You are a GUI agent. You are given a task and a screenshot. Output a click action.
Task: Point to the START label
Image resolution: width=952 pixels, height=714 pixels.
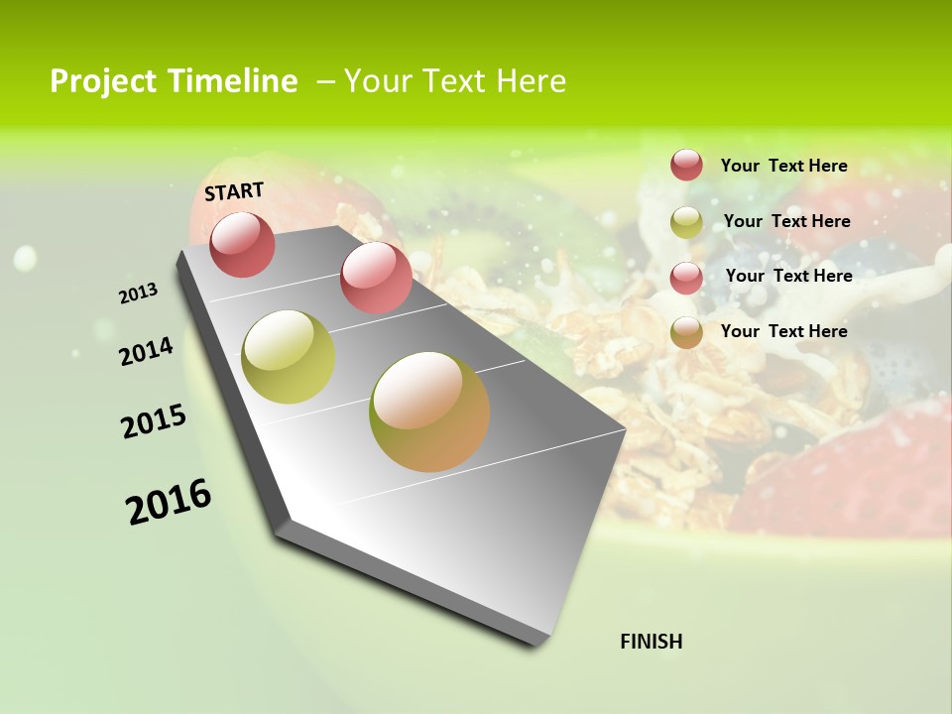pos(234,191)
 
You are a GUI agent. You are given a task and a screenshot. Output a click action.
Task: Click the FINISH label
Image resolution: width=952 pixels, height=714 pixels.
pos(652,642)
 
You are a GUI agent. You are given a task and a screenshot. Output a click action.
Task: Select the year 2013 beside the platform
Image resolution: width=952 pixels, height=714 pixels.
pos(138,294)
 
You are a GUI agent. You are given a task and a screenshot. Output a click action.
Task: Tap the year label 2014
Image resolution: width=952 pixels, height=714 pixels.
pos(146,351)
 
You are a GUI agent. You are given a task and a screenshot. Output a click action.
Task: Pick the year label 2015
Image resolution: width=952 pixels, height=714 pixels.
pos(154,421)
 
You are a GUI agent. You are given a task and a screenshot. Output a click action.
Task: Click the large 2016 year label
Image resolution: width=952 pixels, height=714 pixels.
pos(169,501)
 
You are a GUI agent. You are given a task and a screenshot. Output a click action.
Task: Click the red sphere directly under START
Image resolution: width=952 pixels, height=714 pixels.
pos(242,244)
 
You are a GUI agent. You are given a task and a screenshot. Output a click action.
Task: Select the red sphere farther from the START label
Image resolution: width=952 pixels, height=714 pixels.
pos(376,277)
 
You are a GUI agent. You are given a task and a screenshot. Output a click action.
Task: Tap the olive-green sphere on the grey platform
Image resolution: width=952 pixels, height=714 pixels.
pos(289,357)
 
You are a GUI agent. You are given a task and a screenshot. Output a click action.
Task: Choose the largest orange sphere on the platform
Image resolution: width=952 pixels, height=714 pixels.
pos(429,412)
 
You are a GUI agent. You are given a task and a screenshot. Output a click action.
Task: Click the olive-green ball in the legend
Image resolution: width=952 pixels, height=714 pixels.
pos(686,222)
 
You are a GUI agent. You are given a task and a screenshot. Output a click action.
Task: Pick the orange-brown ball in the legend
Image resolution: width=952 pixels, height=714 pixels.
pos(686,332)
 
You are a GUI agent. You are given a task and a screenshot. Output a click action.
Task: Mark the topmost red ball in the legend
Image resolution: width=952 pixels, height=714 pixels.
pos(686,165)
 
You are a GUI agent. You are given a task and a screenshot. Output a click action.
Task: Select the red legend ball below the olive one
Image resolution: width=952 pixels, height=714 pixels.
pos(686,278)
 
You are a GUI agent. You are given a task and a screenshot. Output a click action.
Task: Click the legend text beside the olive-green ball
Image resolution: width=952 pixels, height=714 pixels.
pos(787,221)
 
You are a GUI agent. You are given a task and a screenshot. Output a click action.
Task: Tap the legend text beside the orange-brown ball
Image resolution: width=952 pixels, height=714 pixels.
pos(784,331)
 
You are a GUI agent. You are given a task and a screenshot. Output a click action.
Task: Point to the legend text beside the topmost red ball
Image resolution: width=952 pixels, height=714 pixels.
pos(784,166)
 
